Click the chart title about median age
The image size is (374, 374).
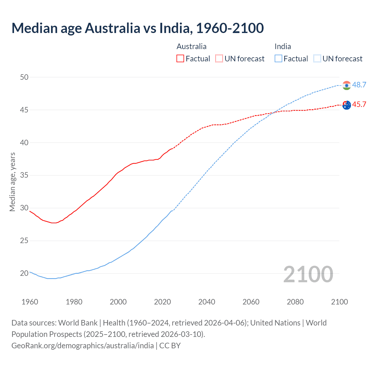[138, 28]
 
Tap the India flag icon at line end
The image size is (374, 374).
[347, 85]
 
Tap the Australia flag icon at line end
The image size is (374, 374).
[347, 105]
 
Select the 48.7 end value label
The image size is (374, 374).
[359, 85]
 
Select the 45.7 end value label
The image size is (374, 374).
[359, 105]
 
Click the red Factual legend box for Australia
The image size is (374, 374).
[180, 59]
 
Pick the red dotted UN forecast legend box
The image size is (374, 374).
[219, 59]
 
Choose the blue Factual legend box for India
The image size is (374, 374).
[278, 59]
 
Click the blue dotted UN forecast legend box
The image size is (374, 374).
[317, 59]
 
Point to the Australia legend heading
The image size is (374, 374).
[191, 46]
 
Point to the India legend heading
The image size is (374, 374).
[283, 46]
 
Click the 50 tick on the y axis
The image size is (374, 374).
[24, 77]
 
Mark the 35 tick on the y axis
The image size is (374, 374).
[24, 175]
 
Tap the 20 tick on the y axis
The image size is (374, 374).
[24, 273]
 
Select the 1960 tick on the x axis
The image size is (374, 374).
[30, 302]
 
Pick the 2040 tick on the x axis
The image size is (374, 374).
[207, 302]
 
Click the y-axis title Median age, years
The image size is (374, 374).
[12, 182]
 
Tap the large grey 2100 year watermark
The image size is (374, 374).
[308, 274]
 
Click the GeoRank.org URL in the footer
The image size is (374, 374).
[83, 346]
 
